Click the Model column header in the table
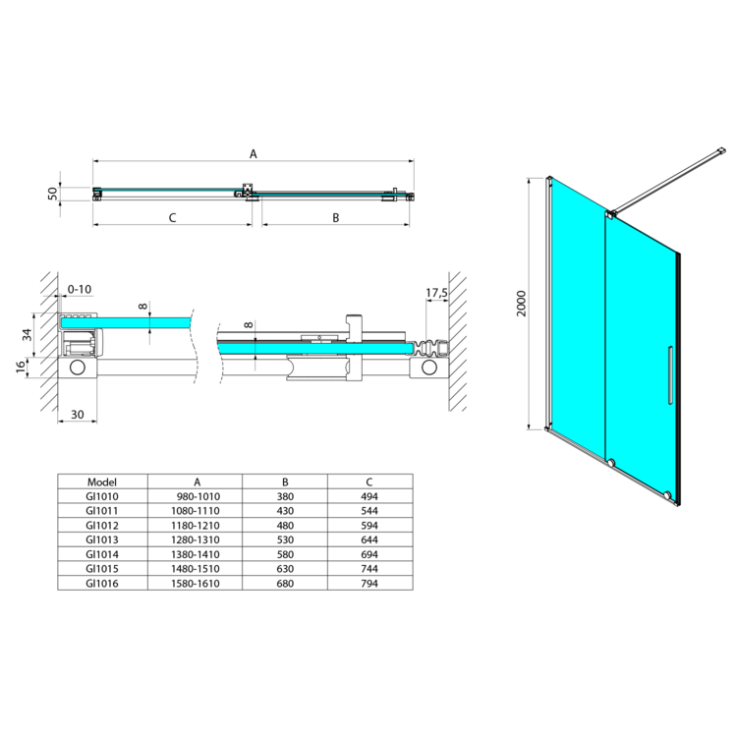coord(102,482)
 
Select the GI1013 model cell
coord(102,539)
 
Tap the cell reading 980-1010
coord(198,496)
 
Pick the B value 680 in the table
coord(285,584)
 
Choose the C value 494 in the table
coord(369,496)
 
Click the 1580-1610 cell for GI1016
coord(196,584)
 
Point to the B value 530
coord(285,539)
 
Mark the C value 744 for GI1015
coord(369,569)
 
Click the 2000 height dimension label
coord(522,304)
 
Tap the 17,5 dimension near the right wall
coord(436,293)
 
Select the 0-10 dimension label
coord(80,289)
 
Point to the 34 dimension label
coord(28,335)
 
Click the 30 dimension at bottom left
coord(77,414)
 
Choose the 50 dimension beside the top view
coord(52,194)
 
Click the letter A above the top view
coord(254,153)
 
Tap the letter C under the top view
coord(173,217)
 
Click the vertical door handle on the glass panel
coord(670,375)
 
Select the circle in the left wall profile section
coord(77,368)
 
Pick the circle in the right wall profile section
coord(429,368)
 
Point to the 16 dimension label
coord(21,368)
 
